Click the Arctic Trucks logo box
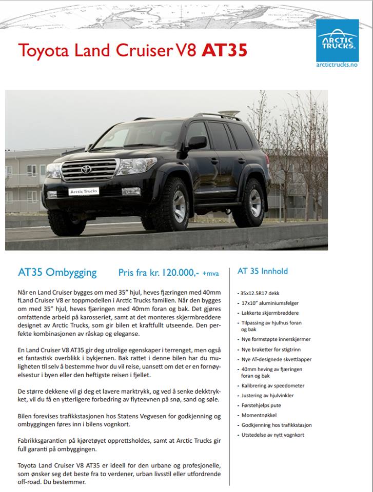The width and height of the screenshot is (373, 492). (x=337, y=39)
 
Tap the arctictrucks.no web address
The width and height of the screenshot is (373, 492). (x=337, y=65)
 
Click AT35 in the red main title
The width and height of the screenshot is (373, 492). (x=225, y=50)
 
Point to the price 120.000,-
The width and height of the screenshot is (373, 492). (x=180, y=273)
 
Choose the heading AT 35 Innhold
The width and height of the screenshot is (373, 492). (x=262, y=271)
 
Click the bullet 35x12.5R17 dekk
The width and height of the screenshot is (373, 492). (x=261, y=294)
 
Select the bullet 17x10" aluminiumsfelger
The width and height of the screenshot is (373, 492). (x=268, y=303)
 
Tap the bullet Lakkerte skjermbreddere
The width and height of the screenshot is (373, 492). (x=269, y=313)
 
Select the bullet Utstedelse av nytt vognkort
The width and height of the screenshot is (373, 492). (x=272, y=435)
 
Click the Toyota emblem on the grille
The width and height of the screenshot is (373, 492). (x=86, y=169)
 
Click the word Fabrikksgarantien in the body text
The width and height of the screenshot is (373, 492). (x=40, y=441)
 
